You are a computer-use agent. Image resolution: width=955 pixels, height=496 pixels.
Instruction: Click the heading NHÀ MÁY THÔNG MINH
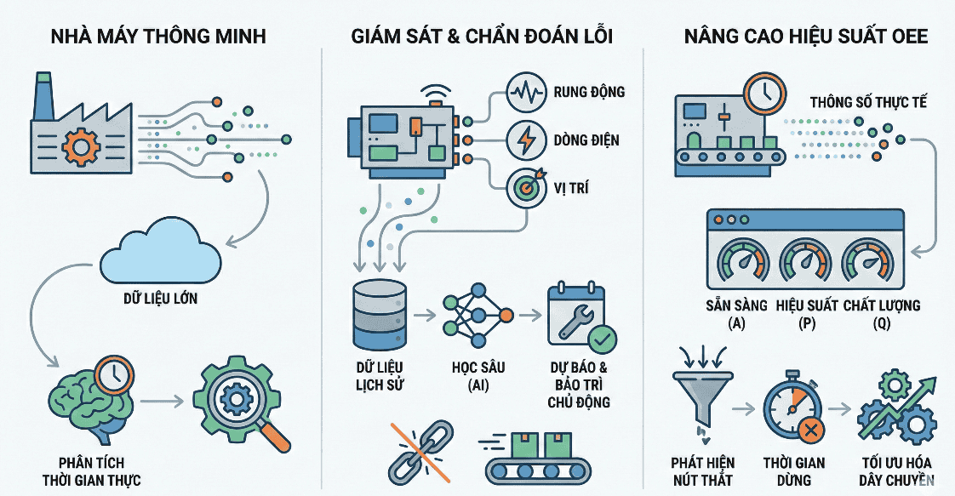pyautogui.click(x=157, y=37)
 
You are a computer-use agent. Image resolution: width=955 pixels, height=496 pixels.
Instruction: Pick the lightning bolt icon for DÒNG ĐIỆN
pyautogui.click(x=526, y=140)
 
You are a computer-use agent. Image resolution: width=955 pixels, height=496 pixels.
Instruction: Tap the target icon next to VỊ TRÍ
pyautogui.click(x=526, y=188)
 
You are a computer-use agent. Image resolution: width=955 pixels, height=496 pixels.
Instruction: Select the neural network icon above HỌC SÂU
pyautogui.click(x=476, y=316)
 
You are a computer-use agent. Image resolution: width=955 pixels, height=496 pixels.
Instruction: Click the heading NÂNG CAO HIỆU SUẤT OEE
pyautogui.click(x=804, y=37)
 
